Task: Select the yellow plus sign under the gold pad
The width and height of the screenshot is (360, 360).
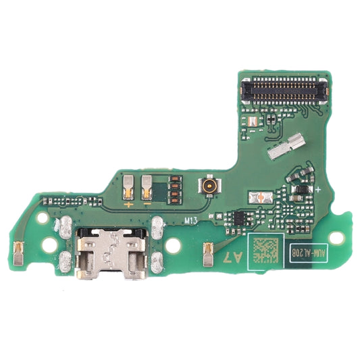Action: (x=128, y=202)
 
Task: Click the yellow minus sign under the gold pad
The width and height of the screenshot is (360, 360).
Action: (x=147, y=202)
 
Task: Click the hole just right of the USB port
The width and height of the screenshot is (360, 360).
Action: (x=174, y=246)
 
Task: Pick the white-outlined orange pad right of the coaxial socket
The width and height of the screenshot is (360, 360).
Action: (x=261, y=197)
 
